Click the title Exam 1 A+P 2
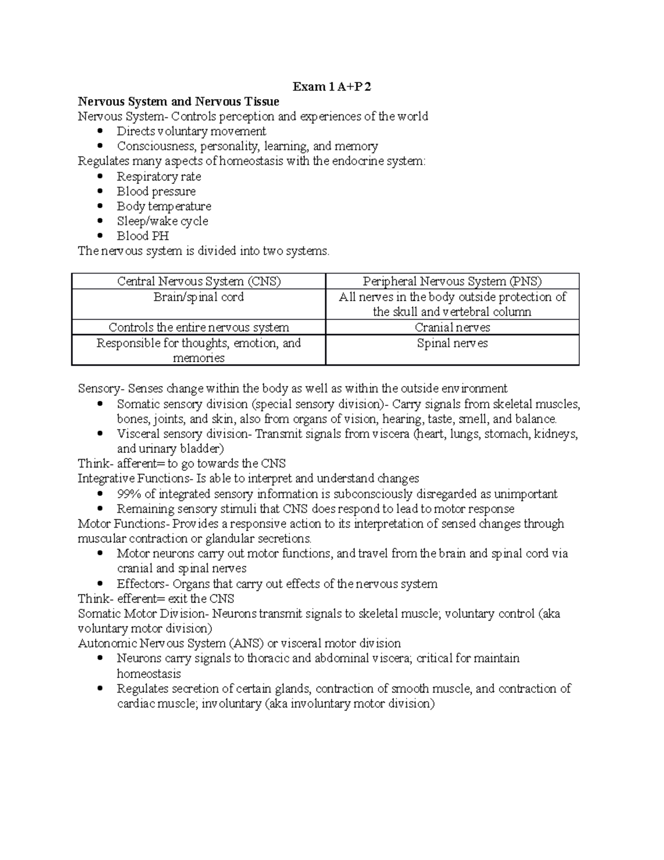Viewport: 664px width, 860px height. [x=332, y=86]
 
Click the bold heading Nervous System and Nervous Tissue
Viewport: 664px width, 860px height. [x=178, y=101]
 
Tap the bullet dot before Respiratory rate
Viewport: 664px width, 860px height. [x=100, y=177]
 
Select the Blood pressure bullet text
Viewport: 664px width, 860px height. [x=156, y=192]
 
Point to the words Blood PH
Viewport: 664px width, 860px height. [x=142, y=236]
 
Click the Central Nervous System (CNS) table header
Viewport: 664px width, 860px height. [x=199, y=281]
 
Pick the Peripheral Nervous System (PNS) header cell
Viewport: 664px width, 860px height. [x=452, y=281]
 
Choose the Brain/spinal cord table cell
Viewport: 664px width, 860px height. [x=199, y=297]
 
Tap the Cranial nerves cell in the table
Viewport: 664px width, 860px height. [x=452, y=327]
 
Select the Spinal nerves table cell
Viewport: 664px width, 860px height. [x=452, y=343]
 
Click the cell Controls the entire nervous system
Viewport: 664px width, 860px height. [x=199, y=327]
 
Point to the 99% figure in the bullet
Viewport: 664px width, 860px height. [x=129, y=494]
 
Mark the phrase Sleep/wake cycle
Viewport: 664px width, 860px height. [x=162, y=221]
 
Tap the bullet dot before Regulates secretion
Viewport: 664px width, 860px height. [x=100, y=689]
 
